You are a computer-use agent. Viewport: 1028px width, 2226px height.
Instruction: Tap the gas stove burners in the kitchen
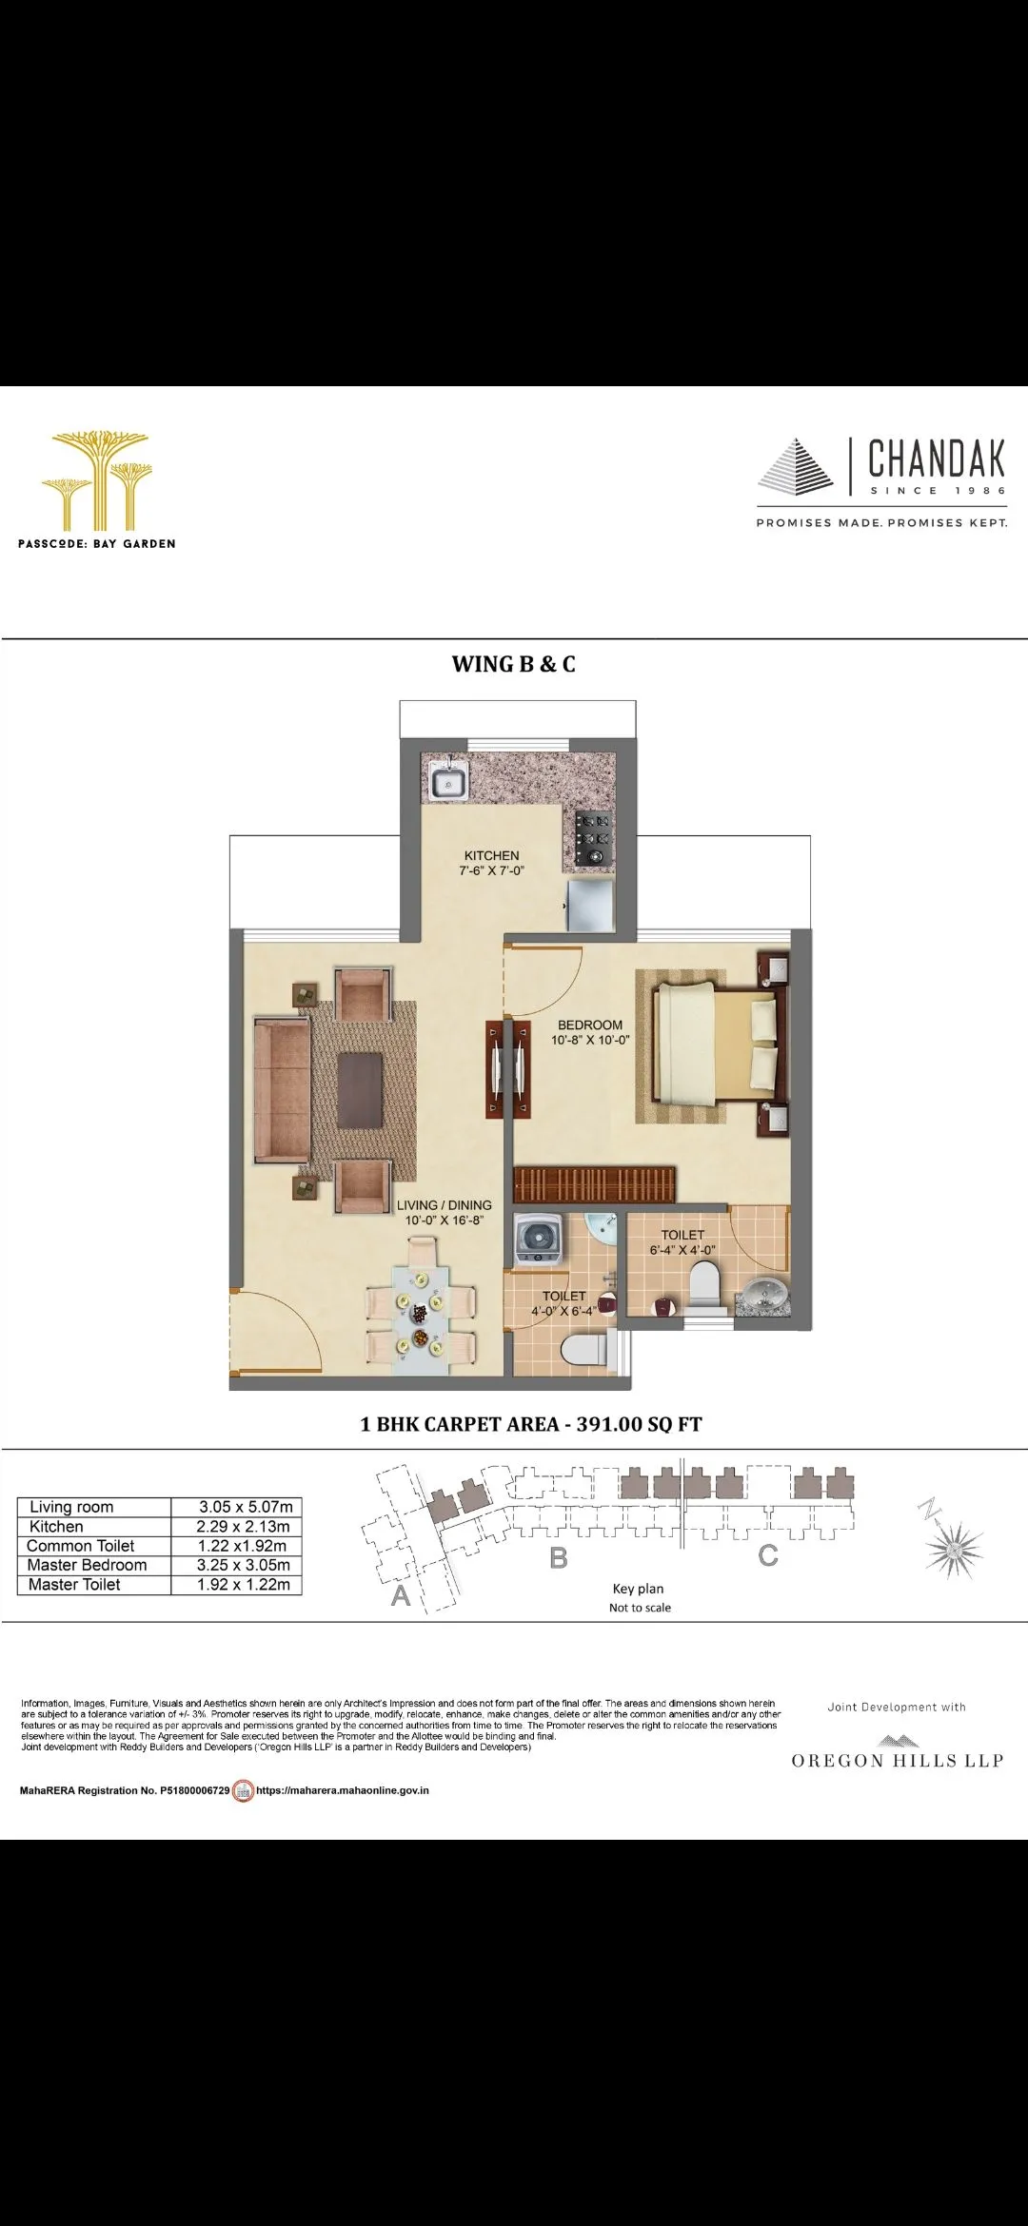[x=591, y=837]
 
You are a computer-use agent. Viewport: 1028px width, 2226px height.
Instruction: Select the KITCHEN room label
[x=491, y=855]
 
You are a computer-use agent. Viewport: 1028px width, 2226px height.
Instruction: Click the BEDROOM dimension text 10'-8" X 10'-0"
[x=590, y=1040]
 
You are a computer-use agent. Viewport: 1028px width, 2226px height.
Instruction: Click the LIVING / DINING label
[x=444, y=1204]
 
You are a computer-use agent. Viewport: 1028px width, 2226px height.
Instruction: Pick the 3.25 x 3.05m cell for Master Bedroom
[x=244, y=1565]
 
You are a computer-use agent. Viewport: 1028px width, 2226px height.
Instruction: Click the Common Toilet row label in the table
[x=81, y=1546]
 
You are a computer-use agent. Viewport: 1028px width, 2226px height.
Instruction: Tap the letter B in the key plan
[x=559, y=1557]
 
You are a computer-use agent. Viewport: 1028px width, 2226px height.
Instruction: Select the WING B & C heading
[x=513, y=664]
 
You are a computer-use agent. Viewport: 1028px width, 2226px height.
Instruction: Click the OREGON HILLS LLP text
[x=897, y=1761]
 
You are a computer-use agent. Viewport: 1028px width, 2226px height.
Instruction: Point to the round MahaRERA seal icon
[x=244, y=1790]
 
